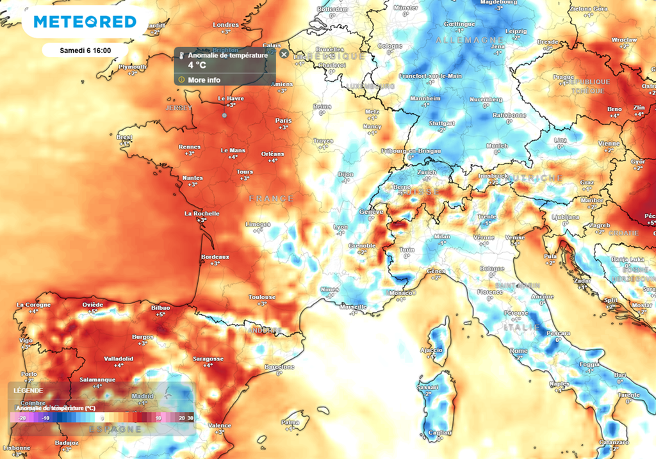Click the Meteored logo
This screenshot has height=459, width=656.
point(85,22)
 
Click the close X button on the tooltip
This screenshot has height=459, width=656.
point(284,54)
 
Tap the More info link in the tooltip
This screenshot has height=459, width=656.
point(204,80)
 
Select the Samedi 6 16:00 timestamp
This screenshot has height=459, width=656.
point(85,50)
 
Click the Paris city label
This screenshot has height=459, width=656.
point(283,120)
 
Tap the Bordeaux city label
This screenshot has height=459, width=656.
point(215,256)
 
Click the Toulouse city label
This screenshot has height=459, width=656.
point(262,297)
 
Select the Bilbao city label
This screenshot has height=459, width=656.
point(160,308)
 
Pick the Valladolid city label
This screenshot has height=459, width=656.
point(119,358)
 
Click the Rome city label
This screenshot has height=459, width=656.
point(519,351)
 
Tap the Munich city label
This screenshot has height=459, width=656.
point(496,146)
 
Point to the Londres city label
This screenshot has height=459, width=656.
point(225,25)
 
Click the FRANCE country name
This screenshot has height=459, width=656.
point(272,198)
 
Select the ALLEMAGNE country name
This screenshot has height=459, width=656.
point(462,40)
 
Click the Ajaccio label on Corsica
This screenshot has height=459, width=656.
point(431,350)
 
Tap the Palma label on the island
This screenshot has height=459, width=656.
point(290,422)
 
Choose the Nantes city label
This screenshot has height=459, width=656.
point(192,178)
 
